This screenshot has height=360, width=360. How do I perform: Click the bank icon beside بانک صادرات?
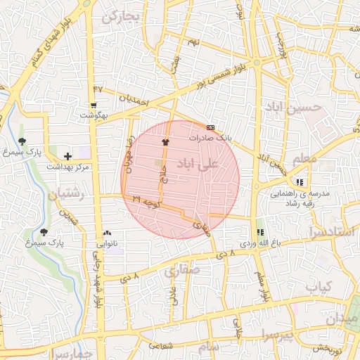click(x=211, y=127)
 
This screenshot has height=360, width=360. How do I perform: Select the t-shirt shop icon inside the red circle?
click(x=165, y=141)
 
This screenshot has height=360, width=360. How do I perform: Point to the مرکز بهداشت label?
click(x=68, y=167)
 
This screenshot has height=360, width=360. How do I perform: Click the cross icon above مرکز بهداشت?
click(x=67, y=155)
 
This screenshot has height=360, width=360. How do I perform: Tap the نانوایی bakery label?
click(x=107, y=243)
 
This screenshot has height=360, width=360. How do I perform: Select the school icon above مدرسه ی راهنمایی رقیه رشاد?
click(x=300, y=182)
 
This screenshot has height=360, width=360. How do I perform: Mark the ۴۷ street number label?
click(x=97, y=89)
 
